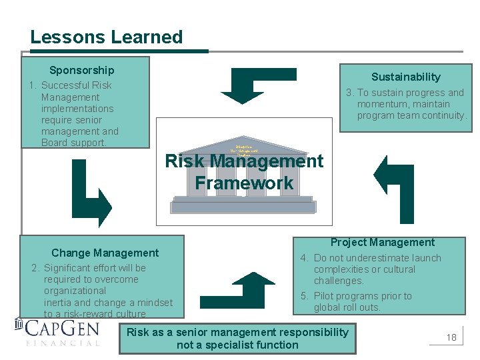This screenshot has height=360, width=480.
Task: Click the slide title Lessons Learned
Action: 106,37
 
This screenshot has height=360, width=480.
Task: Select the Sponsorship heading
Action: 81,70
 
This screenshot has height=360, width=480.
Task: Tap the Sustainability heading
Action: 405,77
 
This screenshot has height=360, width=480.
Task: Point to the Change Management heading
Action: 105,253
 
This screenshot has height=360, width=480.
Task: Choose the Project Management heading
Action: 382,243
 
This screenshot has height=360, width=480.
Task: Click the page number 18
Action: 451,337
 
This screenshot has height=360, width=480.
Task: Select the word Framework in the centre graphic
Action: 244,183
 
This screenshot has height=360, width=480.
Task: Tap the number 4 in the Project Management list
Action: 303,258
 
